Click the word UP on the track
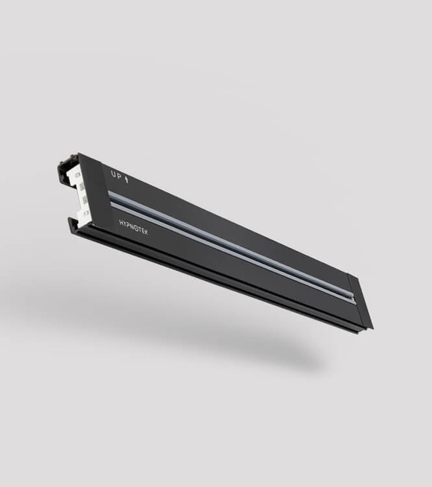click(x=116, y=176)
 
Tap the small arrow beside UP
click(x=126, y=179)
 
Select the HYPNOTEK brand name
click(x=133, y=227)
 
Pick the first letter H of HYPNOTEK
click(x=121, y=223)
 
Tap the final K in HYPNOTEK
click(x=146, y=232)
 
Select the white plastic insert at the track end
click(x=80, y=193)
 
